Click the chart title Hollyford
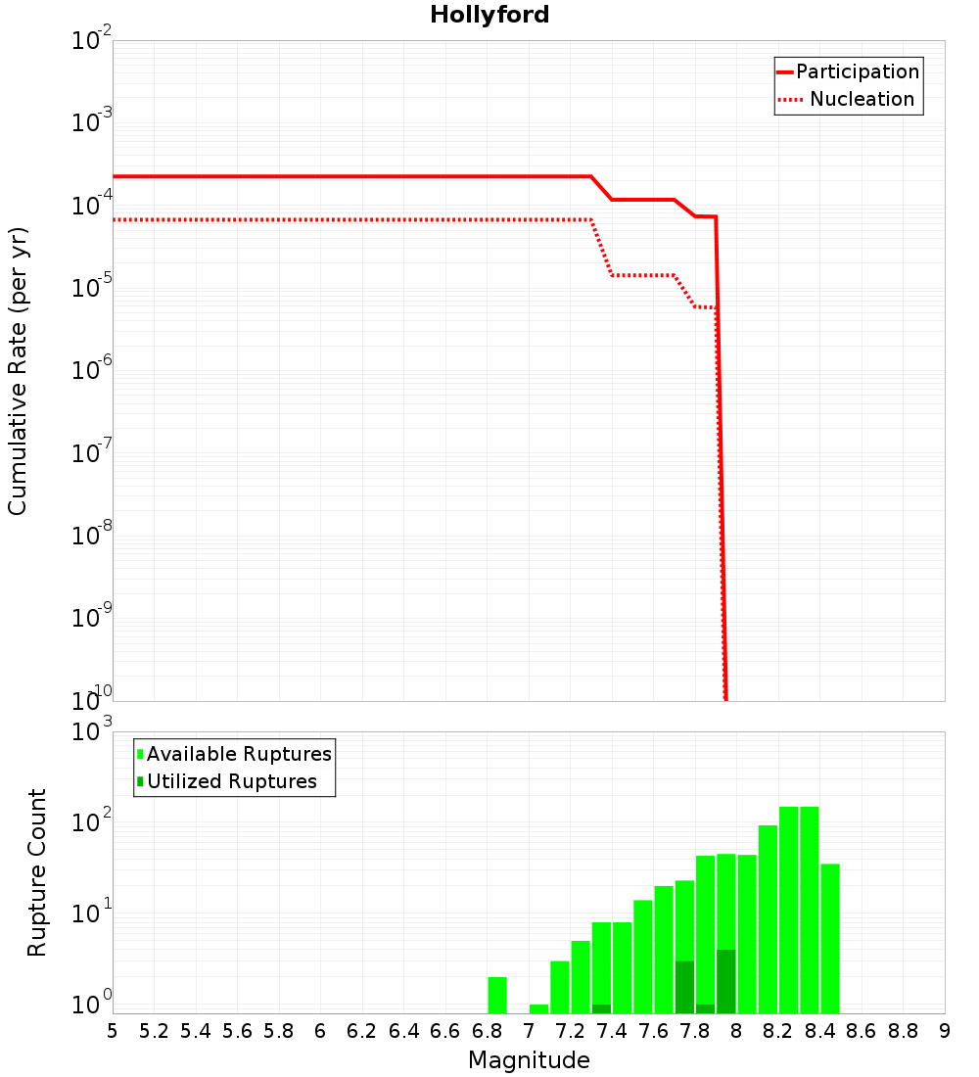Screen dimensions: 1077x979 coord(489,15)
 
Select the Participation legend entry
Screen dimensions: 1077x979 coord(848,71)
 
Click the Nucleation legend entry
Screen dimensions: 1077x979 coord(848,99)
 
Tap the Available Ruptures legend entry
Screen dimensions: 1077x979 coord(235,754)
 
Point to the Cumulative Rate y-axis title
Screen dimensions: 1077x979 coord(18,370)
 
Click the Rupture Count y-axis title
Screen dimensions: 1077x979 coord(37,872)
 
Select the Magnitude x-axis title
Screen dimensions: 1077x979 coord(529,1060)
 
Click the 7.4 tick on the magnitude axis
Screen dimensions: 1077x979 coord(612,1031)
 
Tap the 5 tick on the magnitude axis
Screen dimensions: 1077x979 coord(113,1031)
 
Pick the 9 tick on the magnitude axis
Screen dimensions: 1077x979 coord(945,1031)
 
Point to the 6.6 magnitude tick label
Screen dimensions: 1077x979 coord(445,1031)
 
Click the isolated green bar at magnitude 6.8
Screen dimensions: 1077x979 coord(497,995)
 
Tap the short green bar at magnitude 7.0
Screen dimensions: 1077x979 coord(538,1008)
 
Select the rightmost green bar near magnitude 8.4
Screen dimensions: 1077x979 coord(830,938)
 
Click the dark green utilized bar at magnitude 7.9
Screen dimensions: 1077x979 coord(725,981)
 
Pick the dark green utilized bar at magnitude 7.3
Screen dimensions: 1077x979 coord(601,1008)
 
